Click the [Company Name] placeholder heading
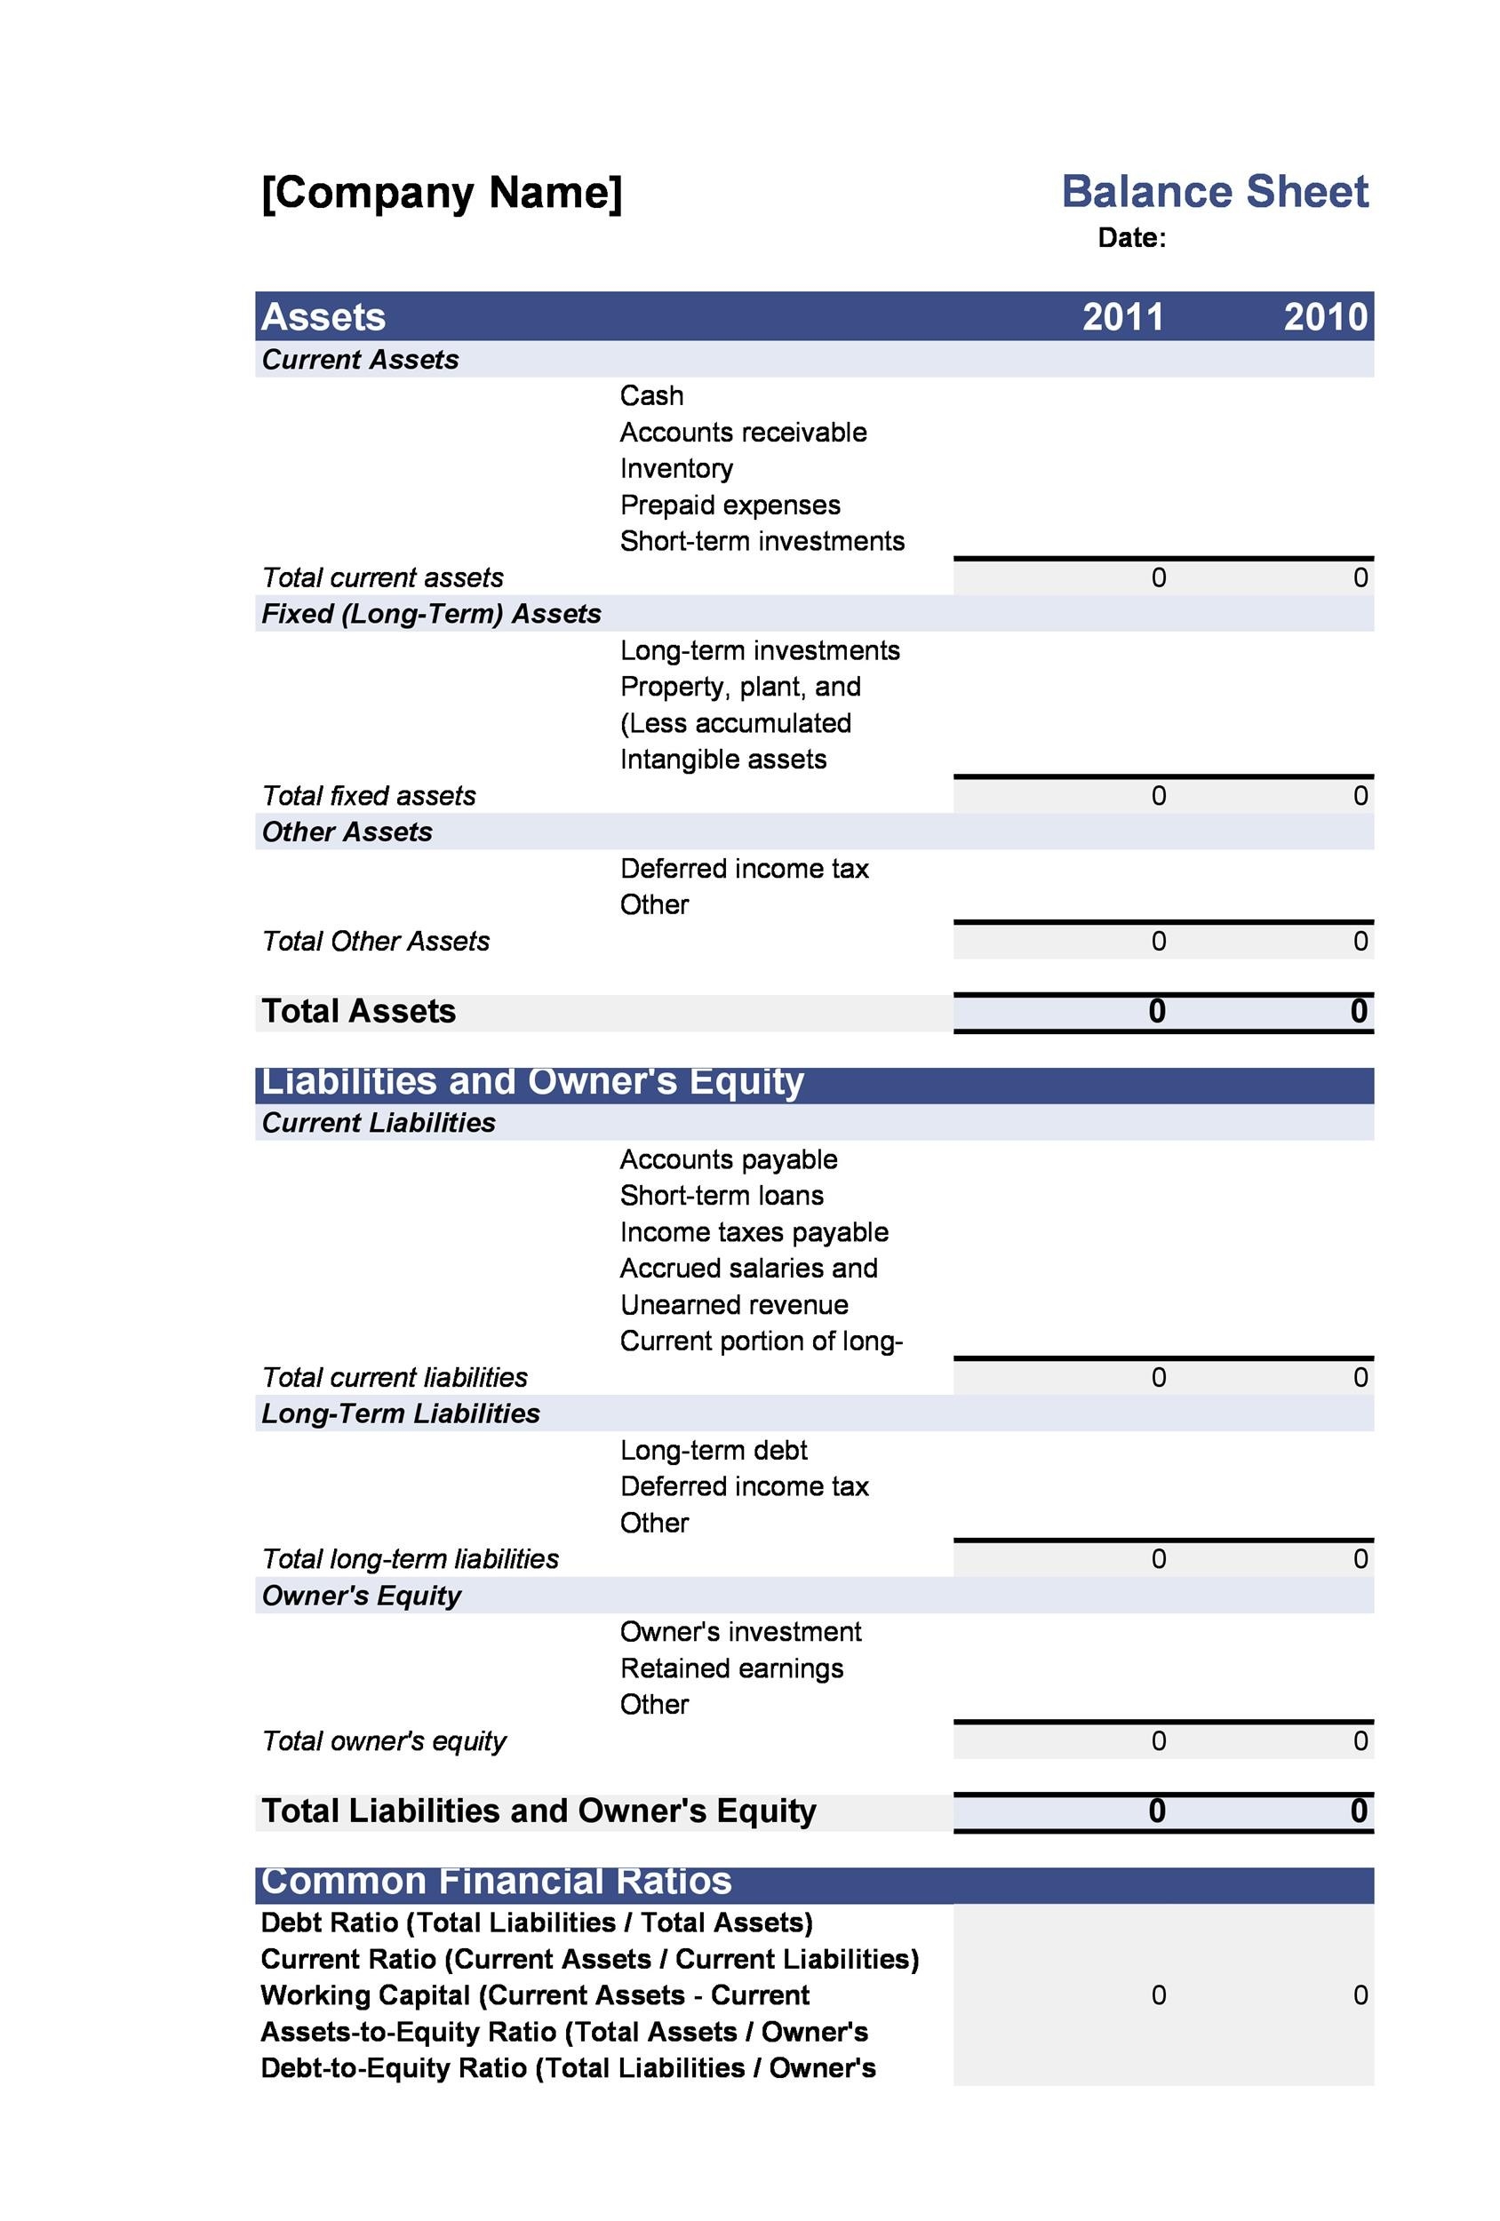(x=441, y=192)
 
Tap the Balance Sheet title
(x=1213, y=191)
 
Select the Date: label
(x=1131, y=238)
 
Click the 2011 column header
(x=1122, y=316)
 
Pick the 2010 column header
(x=1324, y=316)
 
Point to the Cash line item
(x=651, y=395)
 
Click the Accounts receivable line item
(x=743, y=432)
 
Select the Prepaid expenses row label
(x=730, y=505)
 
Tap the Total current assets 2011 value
(x=1158, y=577)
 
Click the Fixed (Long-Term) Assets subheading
(x=430, y=614)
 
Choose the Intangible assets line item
(x=722, y=759)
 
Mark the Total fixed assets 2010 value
(x=1360, y=795)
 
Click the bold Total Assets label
(x=358, y=1011)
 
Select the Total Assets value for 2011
(x=1156, y=1011)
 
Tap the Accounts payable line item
(x=728, y=1159)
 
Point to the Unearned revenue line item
(x=733, y=1304)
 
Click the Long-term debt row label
(x=714, y=1450)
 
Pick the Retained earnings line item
(x=731, y=1668)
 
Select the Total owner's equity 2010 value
(x=1360, y=1740)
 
